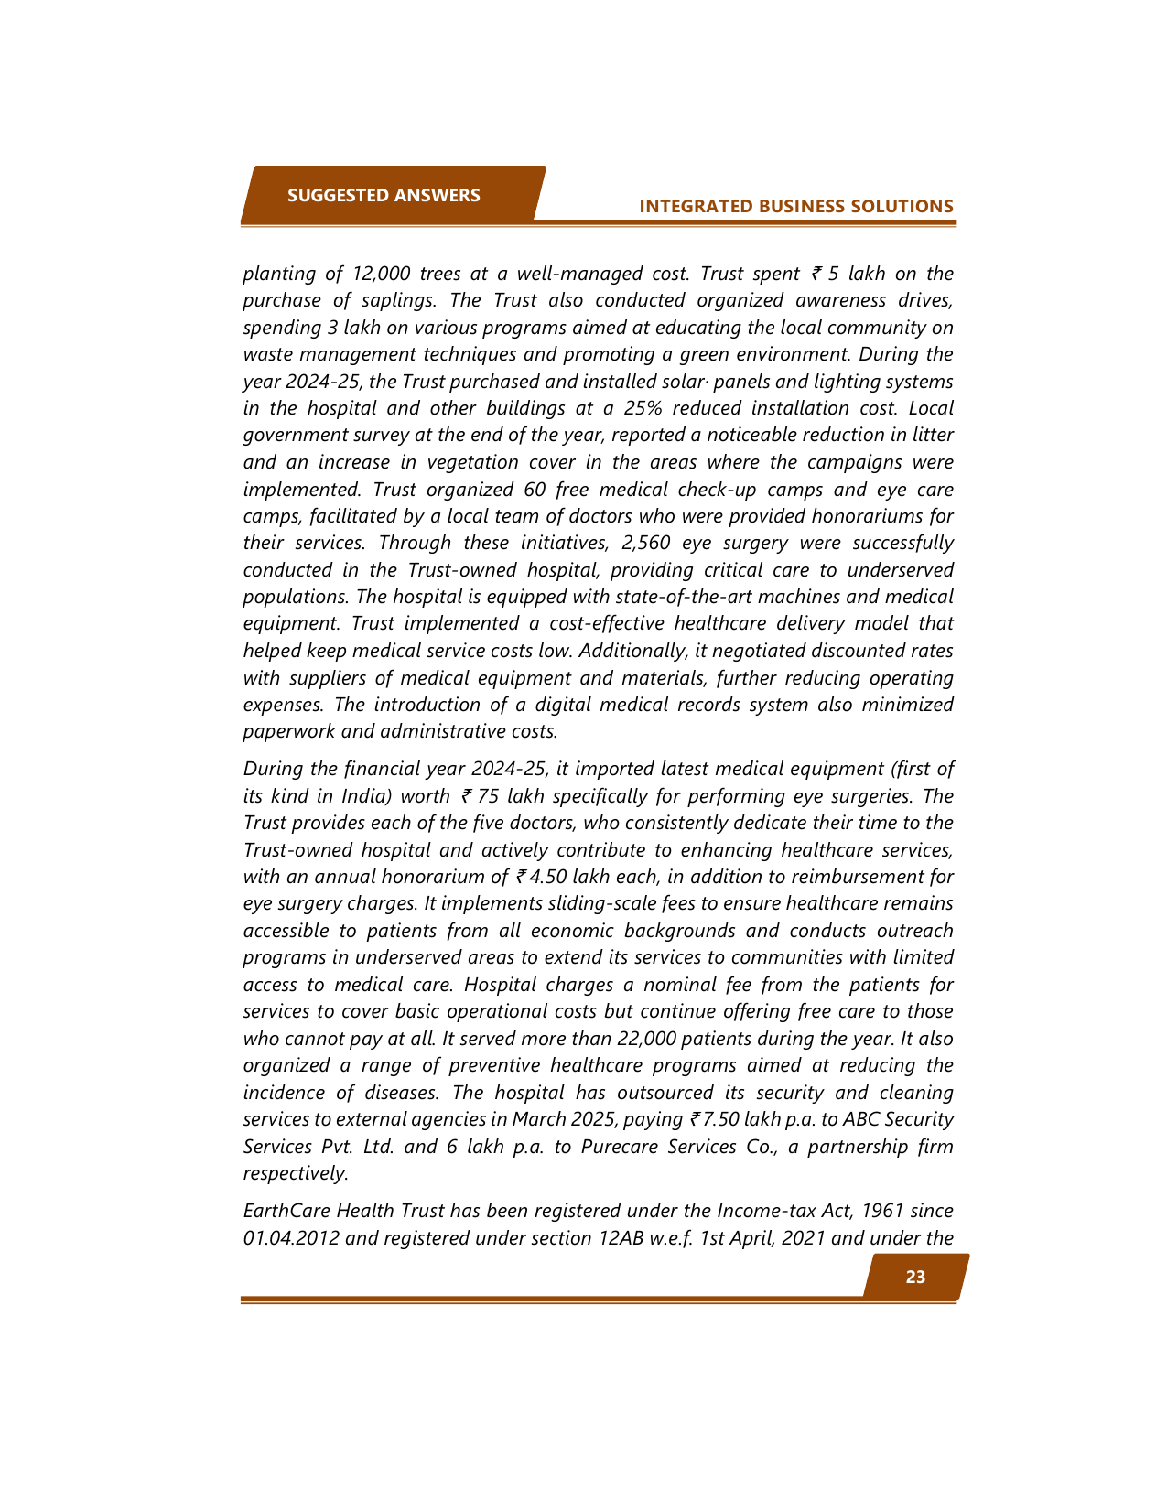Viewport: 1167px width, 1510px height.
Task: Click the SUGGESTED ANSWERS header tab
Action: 384,195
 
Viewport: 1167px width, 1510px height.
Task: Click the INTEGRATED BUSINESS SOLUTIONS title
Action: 795,206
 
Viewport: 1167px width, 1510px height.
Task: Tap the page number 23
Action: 914,1277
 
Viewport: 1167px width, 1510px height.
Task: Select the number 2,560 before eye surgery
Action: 647,543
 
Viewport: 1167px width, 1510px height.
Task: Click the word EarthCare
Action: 286,1211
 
